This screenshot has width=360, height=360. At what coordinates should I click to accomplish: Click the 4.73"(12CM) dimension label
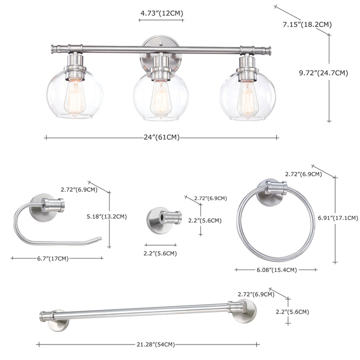[161, 13]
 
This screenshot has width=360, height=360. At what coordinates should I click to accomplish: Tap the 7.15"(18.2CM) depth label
[307, 24]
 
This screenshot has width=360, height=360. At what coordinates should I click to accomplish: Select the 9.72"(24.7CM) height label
[323, 73]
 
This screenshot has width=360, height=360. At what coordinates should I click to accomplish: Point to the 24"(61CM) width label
[161, 137]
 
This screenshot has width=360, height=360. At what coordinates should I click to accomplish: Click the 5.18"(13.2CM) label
[106, 216]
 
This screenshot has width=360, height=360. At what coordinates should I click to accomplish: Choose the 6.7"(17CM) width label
[53, 258]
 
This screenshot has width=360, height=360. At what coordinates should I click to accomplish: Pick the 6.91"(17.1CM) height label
[337, 218]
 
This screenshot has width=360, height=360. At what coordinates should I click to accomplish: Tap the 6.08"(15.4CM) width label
[276, 270]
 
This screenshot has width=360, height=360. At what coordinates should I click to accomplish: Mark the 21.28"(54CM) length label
[155, 344]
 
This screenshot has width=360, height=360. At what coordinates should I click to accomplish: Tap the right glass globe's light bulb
[247, 99]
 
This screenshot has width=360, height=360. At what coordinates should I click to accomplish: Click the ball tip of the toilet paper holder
[99, 238]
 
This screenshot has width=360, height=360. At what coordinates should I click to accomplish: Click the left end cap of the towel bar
[42, 316]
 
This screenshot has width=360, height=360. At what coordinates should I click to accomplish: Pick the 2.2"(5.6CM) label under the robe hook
[160, 253]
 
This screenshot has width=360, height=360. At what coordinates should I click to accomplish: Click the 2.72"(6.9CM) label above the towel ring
[303, 174]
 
